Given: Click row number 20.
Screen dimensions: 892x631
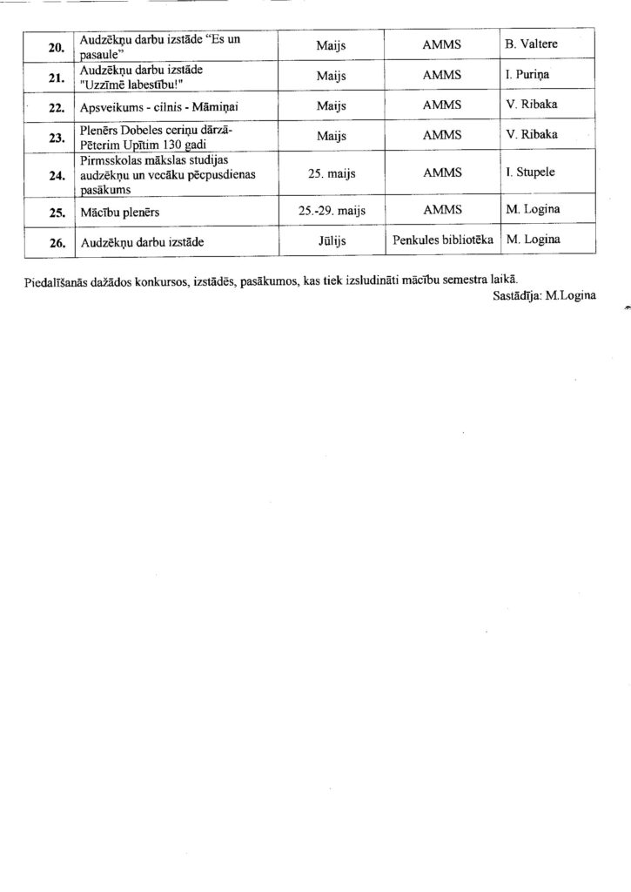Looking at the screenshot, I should pyautogui.click(x=55, y=47).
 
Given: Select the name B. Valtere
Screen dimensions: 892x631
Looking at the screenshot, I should pyautogui.click(x=529, y=43).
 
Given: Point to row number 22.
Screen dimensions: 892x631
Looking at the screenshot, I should pyautogui.click(x=55, y=107).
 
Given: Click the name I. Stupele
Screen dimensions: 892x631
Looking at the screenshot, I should pyautogui.click(x=530, y=172).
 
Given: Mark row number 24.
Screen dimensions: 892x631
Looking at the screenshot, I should pyautogui.click(x=55, y=173).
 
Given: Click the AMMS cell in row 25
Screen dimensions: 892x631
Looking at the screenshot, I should pyautogui.click(x=442, y=210).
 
